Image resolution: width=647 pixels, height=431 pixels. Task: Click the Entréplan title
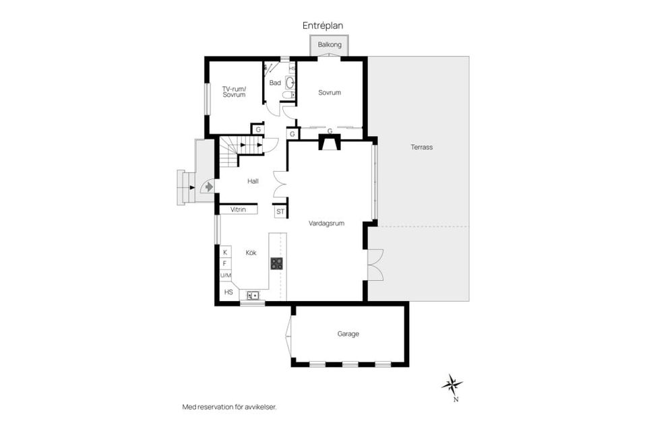pyautogui.click(x=323, y=26)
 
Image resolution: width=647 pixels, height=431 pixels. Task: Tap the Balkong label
pyautogui.click(x=330, y=44)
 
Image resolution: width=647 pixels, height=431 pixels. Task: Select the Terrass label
pyautogui.click(x=422, y=147)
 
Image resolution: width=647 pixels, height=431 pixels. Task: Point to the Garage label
pyautogui.click(x=348, y=333)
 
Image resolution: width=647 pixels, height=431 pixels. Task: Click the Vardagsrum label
pyautogui.click(x=326, y=224)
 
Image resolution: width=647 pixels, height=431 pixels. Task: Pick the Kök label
pyautogui.click(x=251, y=253)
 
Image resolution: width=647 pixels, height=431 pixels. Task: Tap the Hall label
pyautogui.click(x=253, y=181)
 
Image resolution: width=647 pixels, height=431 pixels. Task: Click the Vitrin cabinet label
pyautogui.click(x=238, y=209)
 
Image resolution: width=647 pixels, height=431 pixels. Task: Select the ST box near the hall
pyautogui.click(x=280, y=211)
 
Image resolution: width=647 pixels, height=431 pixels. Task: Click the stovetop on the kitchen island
pyautogui.click(x=277, y=263)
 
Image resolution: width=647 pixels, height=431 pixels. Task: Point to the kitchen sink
pyautogui.click(x=253, y=296)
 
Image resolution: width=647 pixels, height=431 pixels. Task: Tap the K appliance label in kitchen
pyautogui.click(x=225, y=252)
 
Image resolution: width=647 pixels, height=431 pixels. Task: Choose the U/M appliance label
pyautogui.click(x=226, y=275)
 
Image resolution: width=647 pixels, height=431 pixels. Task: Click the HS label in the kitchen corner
pyautogui.click(x=228, y=292)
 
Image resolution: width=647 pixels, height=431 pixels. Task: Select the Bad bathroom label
pyautogui.click(x=275, y=83)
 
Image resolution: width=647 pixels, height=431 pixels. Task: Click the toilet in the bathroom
pyautogui.click(x=288, y=95)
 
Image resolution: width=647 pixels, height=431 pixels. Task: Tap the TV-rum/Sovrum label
pyautogui.click(x=234, y=92)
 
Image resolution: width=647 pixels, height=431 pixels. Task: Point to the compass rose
pyautogui.click(x=452, y=385)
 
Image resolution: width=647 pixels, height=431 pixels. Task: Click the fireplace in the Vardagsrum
pyautogui.click(x=330, y=142)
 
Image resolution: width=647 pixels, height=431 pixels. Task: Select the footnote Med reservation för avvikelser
pyautogui.click(x=229, y=407)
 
